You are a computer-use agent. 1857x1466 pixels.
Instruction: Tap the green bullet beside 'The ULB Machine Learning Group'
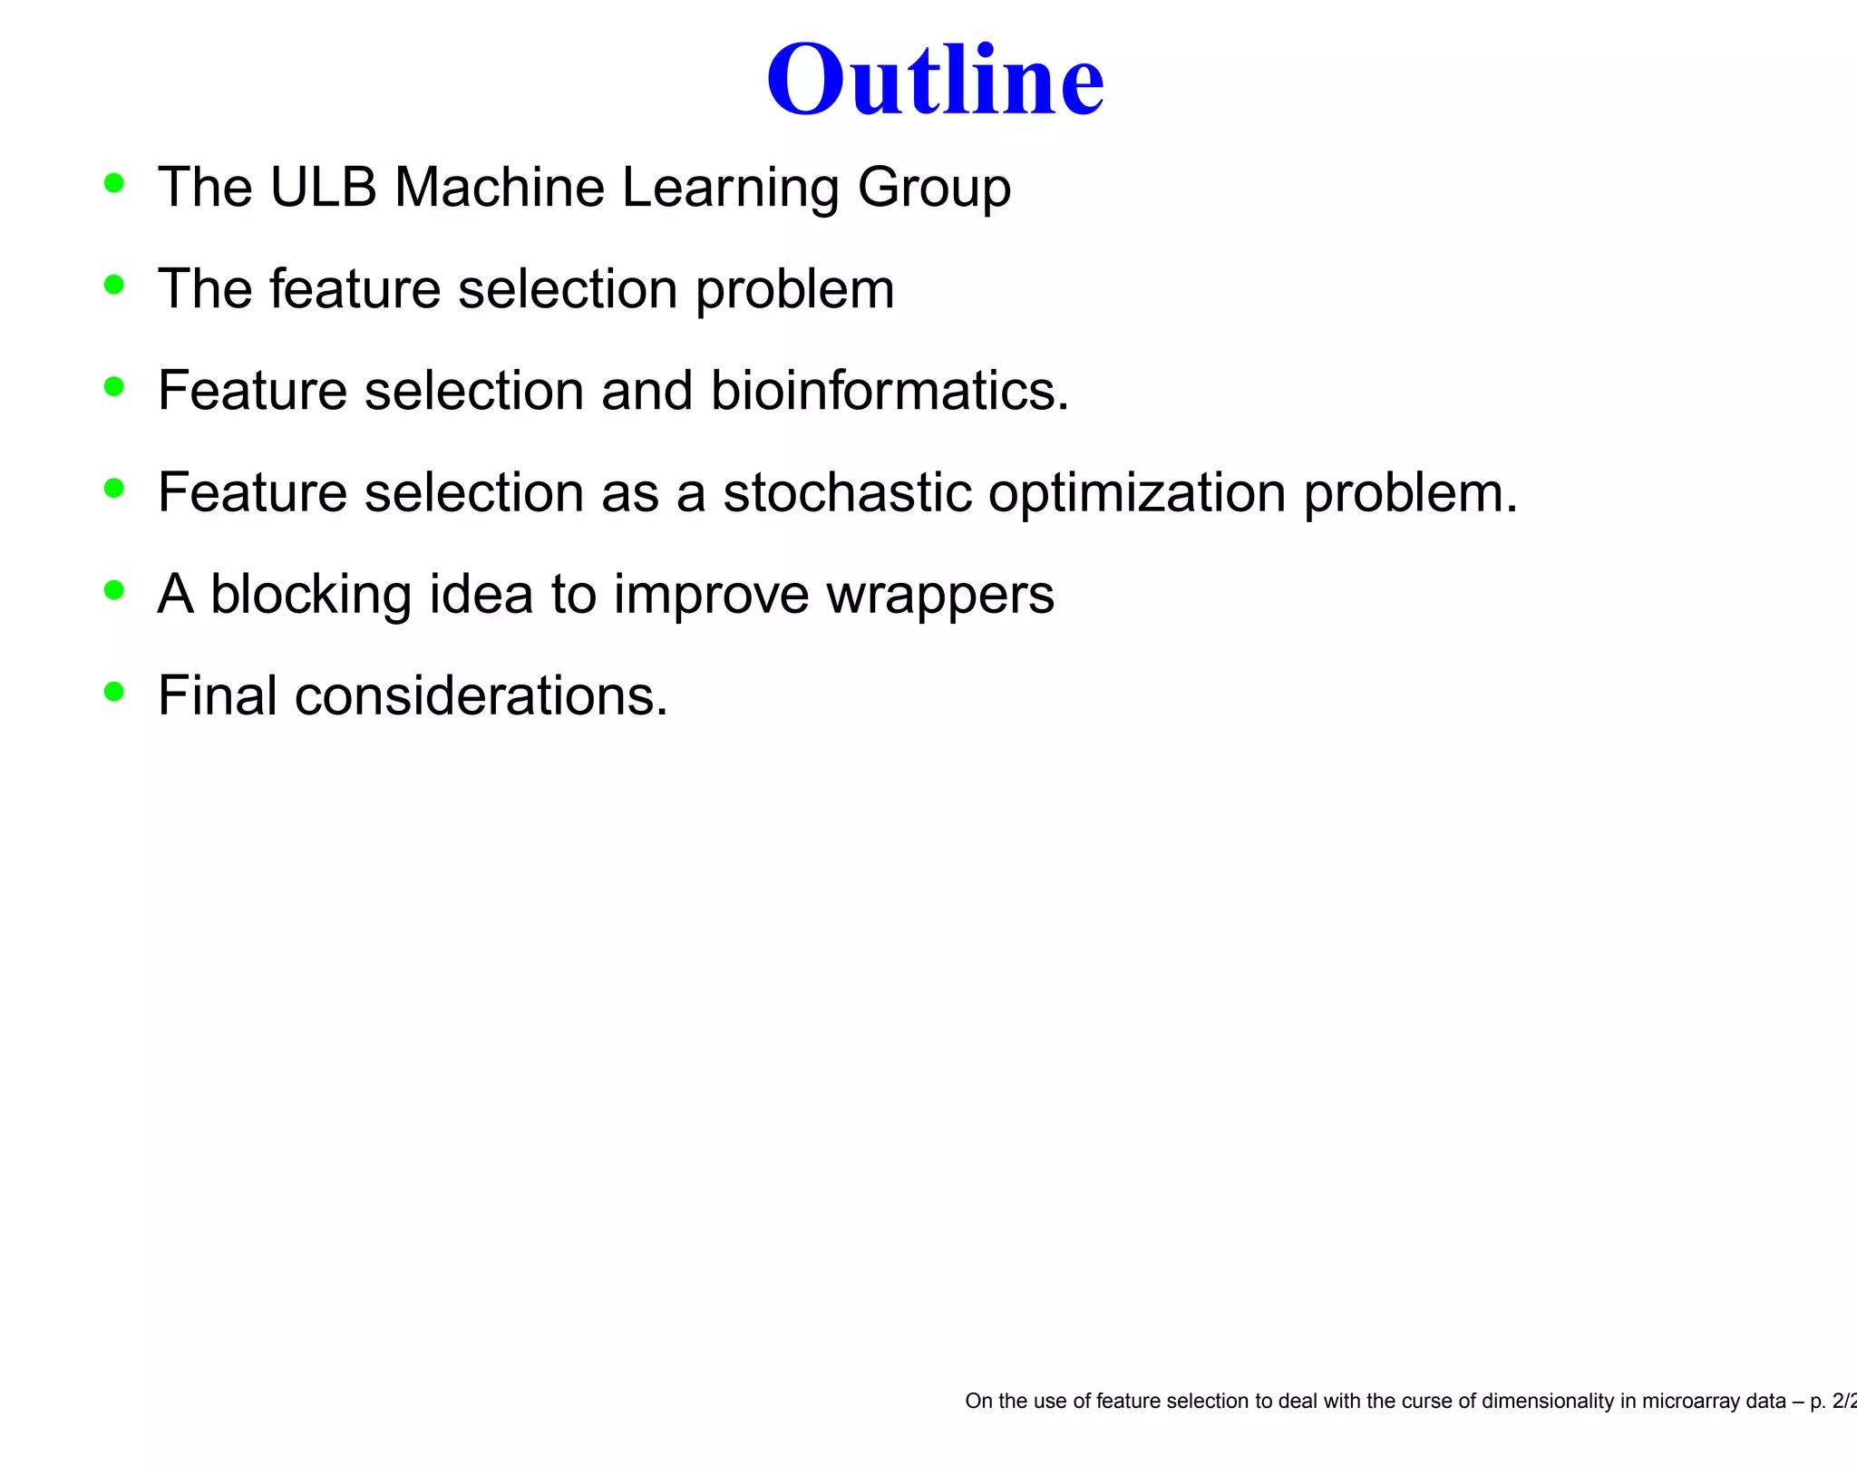[x=113, y=183]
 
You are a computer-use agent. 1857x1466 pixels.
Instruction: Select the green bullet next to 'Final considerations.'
[x=113, y=692]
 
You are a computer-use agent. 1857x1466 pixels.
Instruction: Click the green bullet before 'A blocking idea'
[x=113, y=590]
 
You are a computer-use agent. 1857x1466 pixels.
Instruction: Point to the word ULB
[x=323, y=188]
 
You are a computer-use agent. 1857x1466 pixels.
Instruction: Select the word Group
[x=934, y=188]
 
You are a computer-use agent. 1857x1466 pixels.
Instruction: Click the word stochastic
[x=847, y=492]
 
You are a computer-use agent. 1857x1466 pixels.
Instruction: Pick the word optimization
[x=1137, y=492]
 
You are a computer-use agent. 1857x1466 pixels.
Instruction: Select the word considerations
[x=481, y=696]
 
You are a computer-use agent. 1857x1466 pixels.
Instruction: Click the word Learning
[x=731, y=188]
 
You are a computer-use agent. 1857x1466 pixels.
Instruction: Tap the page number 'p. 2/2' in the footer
[x=1832, y=1401]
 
